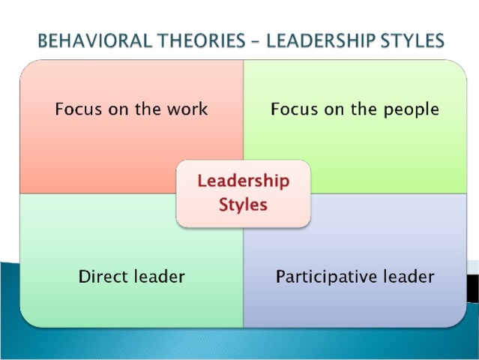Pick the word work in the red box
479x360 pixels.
pos(189,109)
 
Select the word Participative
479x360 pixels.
pos(324,277)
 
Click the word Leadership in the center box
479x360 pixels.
pos(243,181)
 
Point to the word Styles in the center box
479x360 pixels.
pos(243,204)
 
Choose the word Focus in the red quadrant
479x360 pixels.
pos(77,109)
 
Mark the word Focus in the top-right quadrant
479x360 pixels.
pos(294,109)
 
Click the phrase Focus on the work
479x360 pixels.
pos(131,109)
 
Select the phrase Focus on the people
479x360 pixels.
pos(355,109)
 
